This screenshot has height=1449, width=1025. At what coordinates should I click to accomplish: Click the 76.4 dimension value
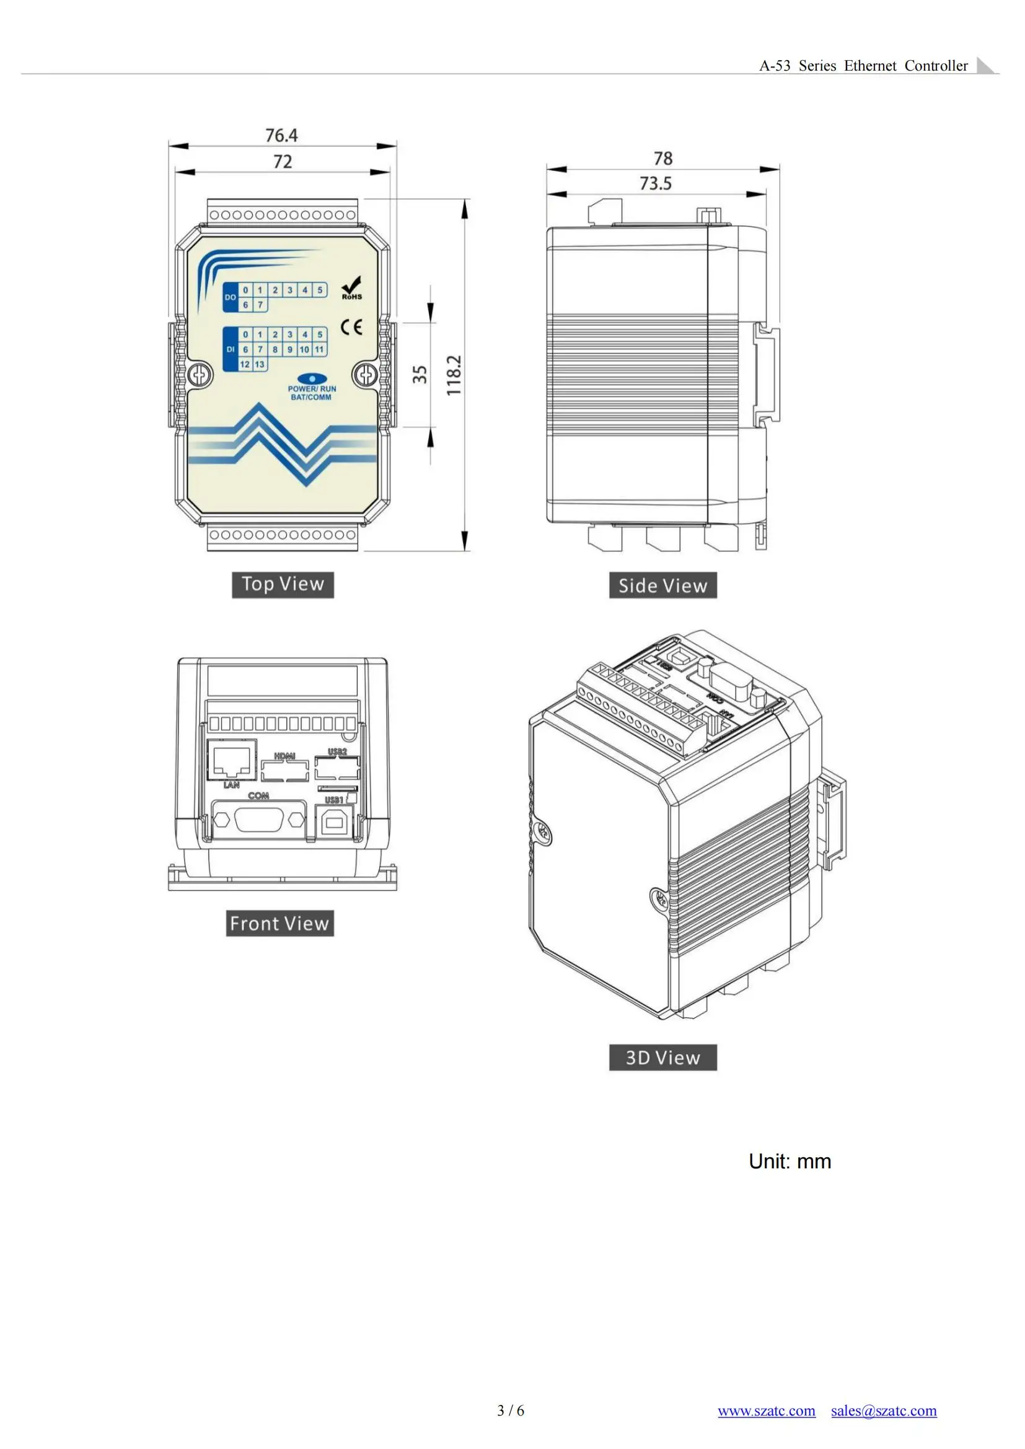pyautogui.click(x=281, y=135)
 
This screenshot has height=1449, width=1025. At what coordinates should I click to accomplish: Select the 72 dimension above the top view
pyautogui.click(x=282, y=162)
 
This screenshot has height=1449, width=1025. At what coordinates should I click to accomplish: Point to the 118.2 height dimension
pyautogui.click(x=454, y=375)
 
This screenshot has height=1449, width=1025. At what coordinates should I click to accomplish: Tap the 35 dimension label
pyautogui.click(x=420, y=374)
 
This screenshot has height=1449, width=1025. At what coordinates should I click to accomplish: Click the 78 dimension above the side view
pyautogui.click(x=662, y=158)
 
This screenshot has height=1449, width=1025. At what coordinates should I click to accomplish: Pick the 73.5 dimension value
pyautogui.click(x=655, y=183)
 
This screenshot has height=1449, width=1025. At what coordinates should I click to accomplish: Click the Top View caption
pyautogui.click(x=282, y=584)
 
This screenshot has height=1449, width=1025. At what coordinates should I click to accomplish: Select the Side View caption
pyautogui.click(x=662, y=585)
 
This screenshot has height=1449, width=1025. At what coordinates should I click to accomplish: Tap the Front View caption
pyautogui.click(x=279, y=923)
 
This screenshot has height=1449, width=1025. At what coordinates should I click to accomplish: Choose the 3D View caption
pyautogui.click(x=662, y=1057)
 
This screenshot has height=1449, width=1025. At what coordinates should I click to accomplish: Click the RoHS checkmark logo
pyautogui.click(x=351, y=288)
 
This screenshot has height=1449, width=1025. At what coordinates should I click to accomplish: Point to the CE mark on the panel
pyautogui.click(x=351, y=327)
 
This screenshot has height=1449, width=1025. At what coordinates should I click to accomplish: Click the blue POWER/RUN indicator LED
pyautogui.click(x=312, y=379)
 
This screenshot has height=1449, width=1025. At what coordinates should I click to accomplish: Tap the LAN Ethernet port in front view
pyautogui.click(x=232, y=761)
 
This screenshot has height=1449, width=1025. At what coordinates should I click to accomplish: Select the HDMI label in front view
pyautogui.click(x=284, y=756)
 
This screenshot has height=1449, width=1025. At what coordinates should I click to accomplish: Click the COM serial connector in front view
pyautogui.click(x=260, y=820)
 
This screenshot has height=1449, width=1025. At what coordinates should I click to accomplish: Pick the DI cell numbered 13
pyautogui.click(x=260, y=364)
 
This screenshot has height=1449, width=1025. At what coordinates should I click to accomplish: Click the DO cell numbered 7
pyautogui.click(x=260, y=305)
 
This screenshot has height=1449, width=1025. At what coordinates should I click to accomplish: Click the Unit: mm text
pyautogui.click(x=790, y=1161)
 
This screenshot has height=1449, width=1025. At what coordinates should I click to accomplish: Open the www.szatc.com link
pyautogui.click(x=765, y=1411)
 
